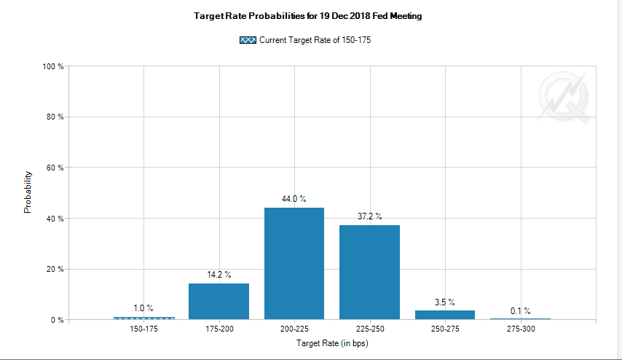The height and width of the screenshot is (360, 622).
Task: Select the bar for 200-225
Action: [x=294, y=264]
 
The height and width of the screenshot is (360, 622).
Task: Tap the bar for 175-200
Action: [x=219, y=301]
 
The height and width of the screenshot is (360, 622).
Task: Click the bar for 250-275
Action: [x=445, y=315]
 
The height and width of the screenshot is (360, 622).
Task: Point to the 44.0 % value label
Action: [x=294, y=198]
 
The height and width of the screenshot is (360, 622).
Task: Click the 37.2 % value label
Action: [x=369, y=216]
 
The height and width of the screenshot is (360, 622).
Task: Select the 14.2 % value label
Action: [x=219, y=274]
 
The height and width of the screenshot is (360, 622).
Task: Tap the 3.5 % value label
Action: [x=445, y=301]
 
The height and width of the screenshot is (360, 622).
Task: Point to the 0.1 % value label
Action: [x=521, y=310]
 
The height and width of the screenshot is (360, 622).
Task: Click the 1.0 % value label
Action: [x=143, y=308]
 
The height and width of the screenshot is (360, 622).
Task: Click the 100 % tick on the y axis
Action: [x=55, y=66]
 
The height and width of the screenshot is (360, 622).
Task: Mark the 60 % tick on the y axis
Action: [x=56, y=168]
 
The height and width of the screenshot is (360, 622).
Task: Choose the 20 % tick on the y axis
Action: [x=56, y=269]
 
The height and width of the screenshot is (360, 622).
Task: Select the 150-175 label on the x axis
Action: [x=143, y=329]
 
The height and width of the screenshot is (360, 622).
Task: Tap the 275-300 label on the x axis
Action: [x=521, y=329]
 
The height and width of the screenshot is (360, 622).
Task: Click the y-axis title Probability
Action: [x=28, y=192]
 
